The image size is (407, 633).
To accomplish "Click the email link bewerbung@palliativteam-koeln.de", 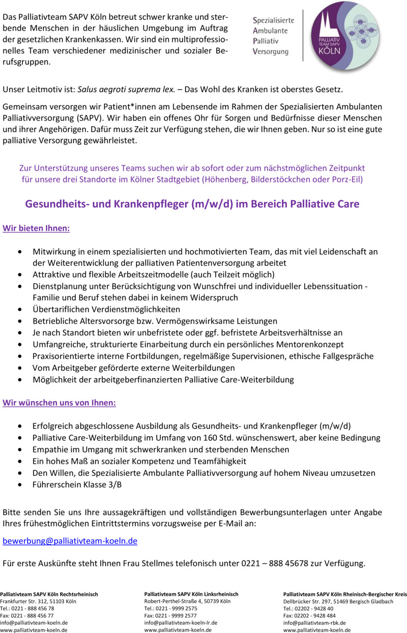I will pos(70,541).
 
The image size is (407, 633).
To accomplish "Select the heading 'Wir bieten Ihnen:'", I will pos(36,228).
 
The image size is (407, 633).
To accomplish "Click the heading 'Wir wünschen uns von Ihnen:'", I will pos(60,403).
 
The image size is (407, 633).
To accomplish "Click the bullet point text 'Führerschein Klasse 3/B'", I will pos(77,485).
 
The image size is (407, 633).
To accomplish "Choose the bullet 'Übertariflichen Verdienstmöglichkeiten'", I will pos(106,309).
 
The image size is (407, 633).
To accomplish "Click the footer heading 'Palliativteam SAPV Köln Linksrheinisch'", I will pos(191,594).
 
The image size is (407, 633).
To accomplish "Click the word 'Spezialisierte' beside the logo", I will pos(274,20).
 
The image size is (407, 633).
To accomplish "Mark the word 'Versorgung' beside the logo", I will pos(271,52).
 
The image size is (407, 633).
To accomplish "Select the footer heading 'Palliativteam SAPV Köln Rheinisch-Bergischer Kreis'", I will pos(345,594).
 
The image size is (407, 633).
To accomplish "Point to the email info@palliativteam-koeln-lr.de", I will pos(181,623).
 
